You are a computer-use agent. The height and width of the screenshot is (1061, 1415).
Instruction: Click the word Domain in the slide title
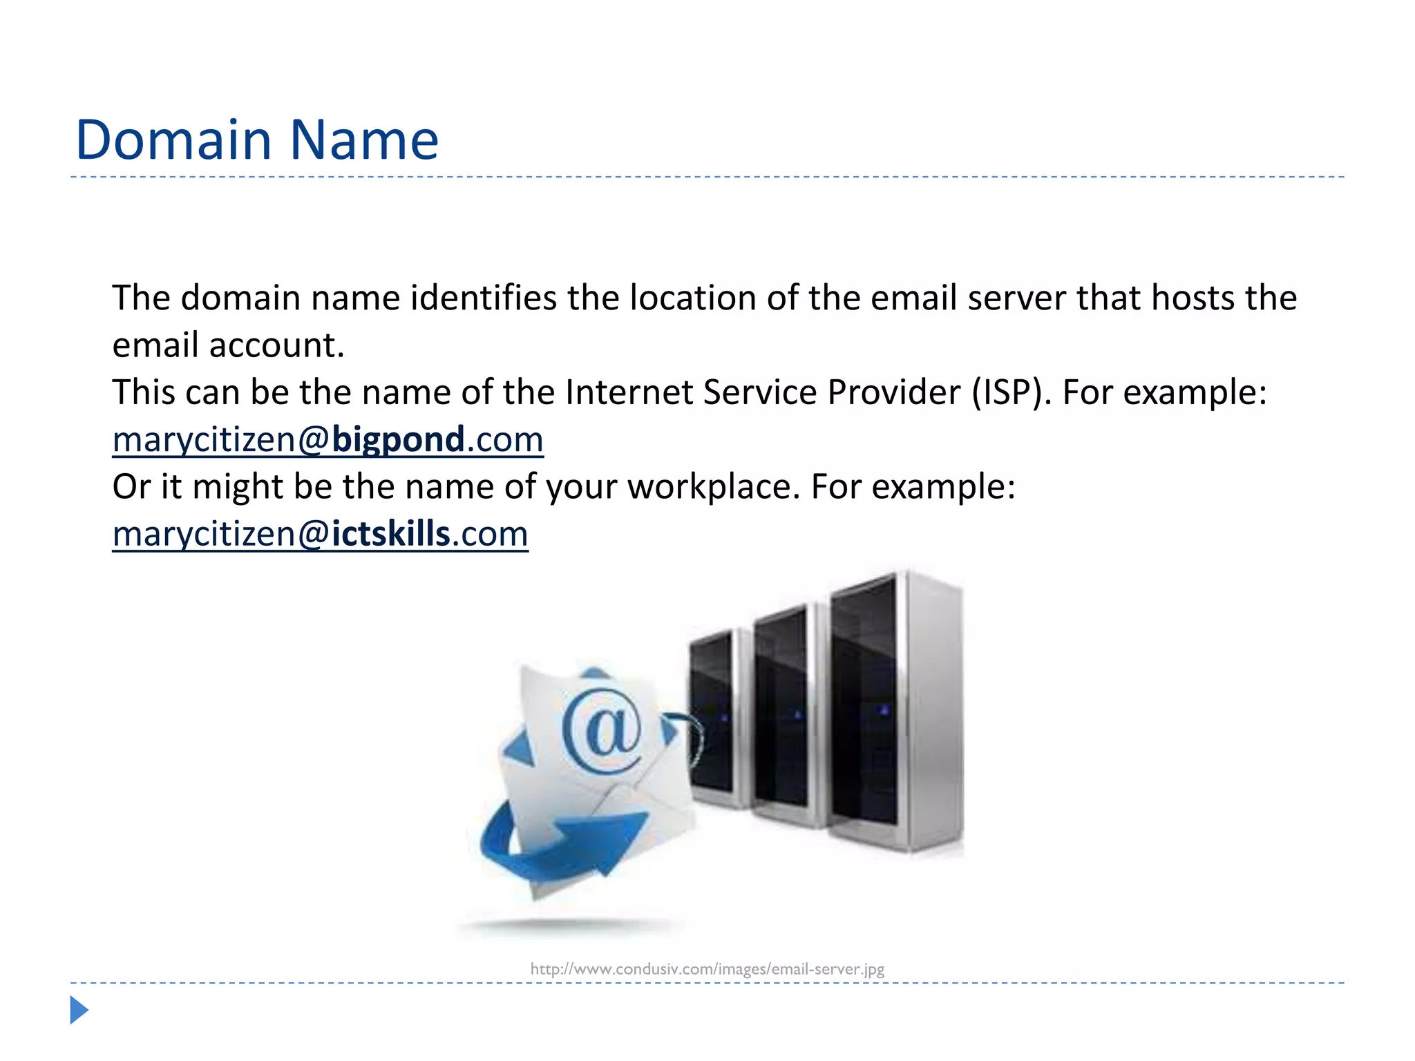tap(173, 140)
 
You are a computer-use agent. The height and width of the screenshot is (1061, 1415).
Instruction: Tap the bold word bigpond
tap(398, 440)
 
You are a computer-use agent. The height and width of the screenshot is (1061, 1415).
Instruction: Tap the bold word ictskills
tap(390, 534)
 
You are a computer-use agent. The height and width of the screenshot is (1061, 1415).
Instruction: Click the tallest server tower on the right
tap(895, 711)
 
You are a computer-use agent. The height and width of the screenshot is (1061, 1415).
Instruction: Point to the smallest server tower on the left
tap(715, 718)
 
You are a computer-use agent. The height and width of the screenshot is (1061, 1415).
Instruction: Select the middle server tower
tap(784, 715)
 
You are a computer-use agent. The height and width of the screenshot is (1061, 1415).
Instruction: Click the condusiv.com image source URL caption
tap(707, 969)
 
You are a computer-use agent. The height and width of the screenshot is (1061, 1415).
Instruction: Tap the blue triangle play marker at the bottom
tap(79, 1010)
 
